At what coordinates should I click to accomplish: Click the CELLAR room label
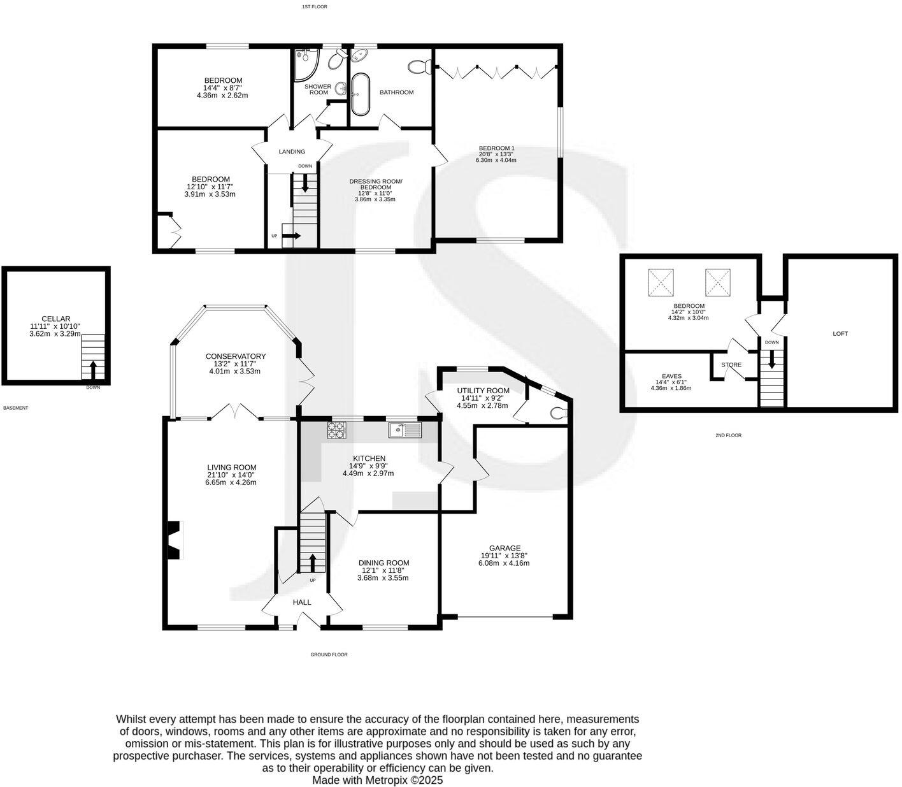click(56, 319)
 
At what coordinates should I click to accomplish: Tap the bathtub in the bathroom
click(360, 94)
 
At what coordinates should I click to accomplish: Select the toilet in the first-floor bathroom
click(419, 66)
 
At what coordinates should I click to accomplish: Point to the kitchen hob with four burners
click(336, 431)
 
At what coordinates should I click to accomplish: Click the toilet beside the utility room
click(559, 413)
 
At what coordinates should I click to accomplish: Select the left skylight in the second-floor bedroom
click(661, 282)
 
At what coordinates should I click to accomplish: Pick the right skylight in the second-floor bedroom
click(718, 282)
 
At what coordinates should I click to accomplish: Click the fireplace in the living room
click(173, 540)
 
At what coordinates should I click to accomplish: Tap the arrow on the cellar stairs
click(93, 370)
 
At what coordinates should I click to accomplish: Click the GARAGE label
click(505, 548)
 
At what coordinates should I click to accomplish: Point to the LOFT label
click(840, 333)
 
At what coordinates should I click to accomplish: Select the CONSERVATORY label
click(235, 356)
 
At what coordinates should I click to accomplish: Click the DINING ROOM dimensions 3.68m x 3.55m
click(383, 578)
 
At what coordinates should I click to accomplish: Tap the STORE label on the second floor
click(731, 365)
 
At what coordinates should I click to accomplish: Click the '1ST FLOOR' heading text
click(314, 6)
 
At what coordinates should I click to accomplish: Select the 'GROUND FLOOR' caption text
click(329, 654)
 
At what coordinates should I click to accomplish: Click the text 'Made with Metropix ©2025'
click(377, 780)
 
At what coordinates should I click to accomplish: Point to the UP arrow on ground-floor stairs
click(312, 563)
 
